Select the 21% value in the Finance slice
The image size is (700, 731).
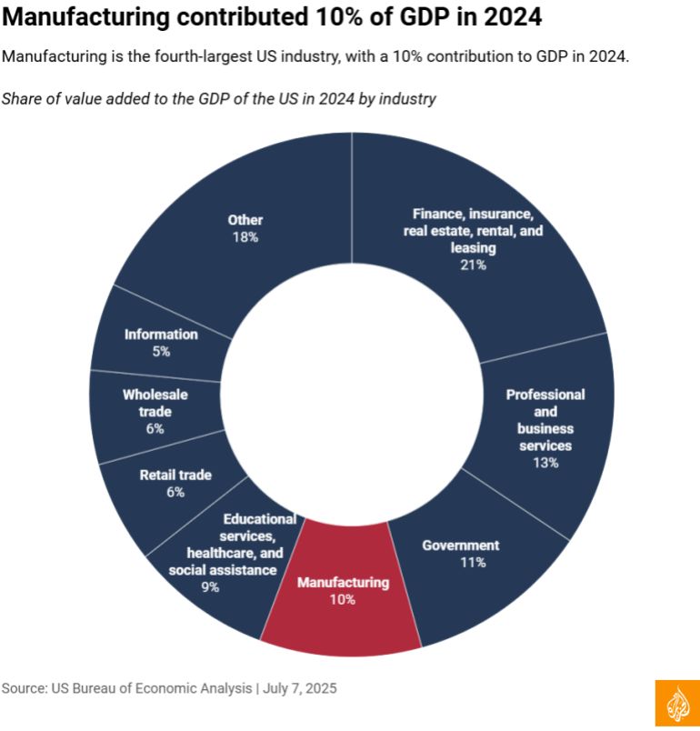click(x=473, y=265)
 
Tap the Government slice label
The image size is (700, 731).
click(x=460, y=546)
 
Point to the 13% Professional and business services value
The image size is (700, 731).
click(x=545, y=463)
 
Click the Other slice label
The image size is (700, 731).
click(x=245, y=220)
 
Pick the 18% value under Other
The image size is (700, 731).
click(x=245, y=237)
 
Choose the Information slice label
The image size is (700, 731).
click(x=161, y=334)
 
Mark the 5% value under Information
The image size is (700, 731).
click(x=161, y=351)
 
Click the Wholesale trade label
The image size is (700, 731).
click(x=155, y=403)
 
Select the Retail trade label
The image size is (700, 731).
click(x=175, y=475)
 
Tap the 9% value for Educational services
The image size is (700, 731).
click(x=210, y=587)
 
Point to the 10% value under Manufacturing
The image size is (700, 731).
click(x=343, y=599)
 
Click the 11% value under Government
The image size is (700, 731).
click(x=473, y=563)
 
